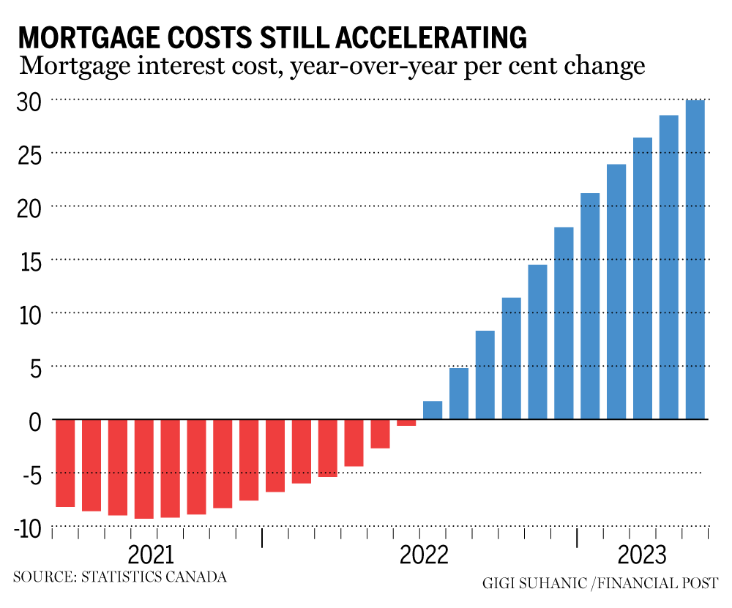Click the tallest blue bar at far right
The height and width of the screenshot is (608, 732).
(x=695, y=260)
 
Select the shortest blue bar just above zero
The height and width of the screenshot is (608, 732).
(x=433, y=410)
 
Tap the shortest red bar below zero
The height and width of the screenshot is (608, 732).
(x=406, y=423)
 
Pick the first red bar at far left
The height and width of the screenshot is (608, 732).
(x=65, y=463)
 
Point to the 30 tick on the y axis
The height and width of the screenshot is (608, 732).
(x=30, y=100)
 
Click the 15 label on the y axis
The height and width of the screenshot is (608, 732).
(x=30, y=260)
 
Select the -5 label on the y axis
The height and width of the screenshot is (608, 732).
(x=28, y=474)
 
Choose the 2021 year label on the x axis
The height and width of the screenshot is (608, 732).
(x=151, y=554)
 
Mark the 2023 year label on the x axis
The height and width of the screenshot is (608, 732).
(x=642, y=554)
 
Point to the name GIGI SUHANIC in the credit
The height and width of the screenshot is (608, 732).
(x=534, y=583)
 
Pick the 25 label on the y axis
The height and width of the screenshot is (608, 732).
(x=30, y=154)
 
